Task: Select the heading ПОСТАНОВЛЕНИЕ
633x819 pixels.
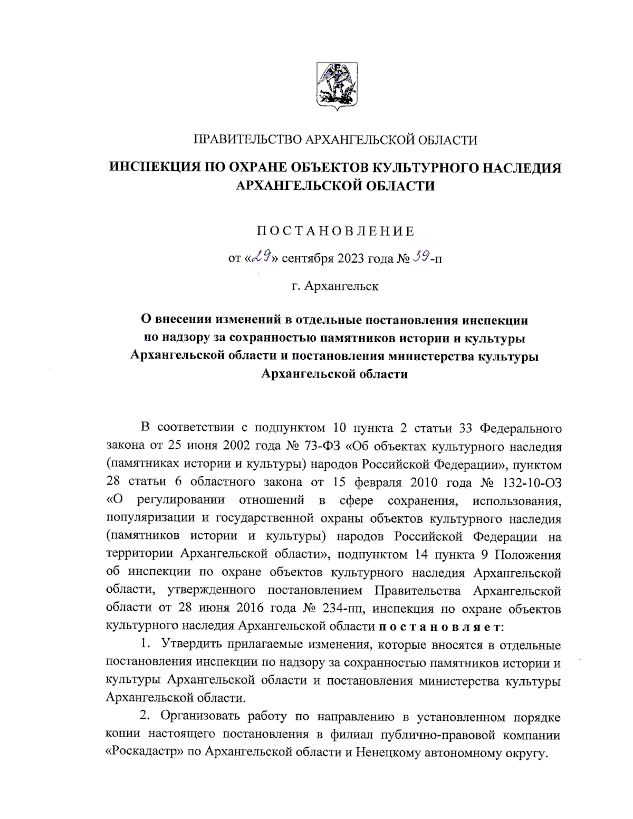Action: [x=335, y=231]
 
